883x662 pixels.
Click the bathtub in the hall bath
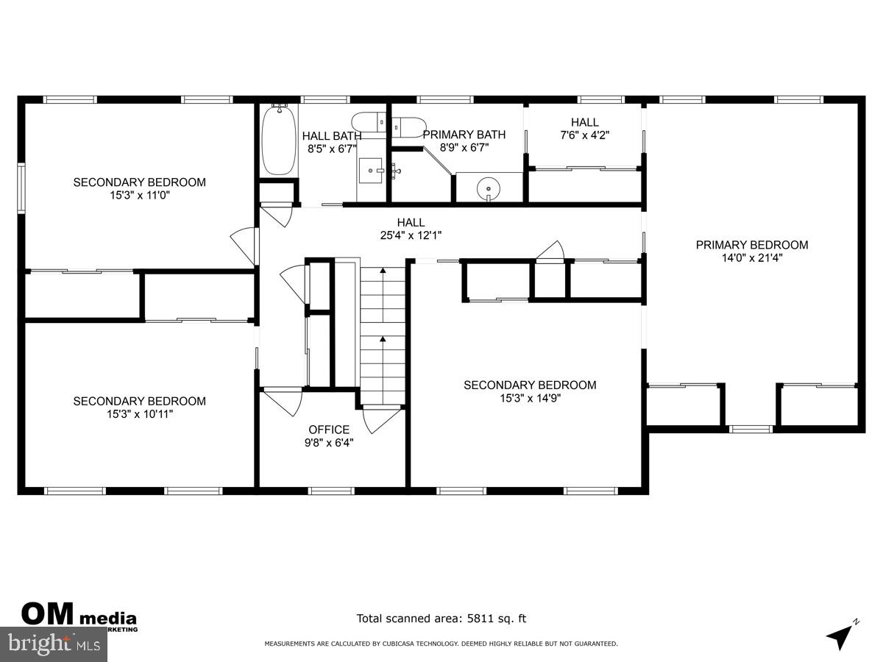(280, 140)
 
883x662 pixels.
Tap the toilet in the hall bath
(367, 121)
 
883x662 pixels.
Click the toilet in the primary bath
(408, 127)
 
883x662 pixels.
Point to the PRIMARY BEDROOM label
(752, 245)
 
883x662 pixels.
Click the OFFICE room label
(329, 430)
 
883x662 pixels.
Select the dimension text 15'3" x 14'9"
(529, 398)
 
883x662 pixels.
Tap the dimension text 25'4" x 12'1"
(411, 235)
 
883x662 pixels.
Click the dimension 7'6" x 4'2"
(585, 135)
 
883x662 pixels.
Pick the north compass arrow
(840, 635)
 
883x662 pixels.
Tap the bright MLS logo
(53, 644)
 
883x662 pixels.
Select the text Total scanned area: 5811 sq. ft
(441, 619)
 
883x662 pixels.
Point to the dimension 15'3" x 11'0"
(139, 196)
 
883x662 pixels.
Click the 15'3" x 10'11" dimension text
(139, 414)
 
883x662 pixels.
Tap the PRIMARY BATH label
(464, 135)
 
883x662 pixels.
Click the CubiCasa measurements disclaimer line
(441, 644)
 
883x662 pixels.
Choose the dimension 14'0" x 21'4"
(752, 258)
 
